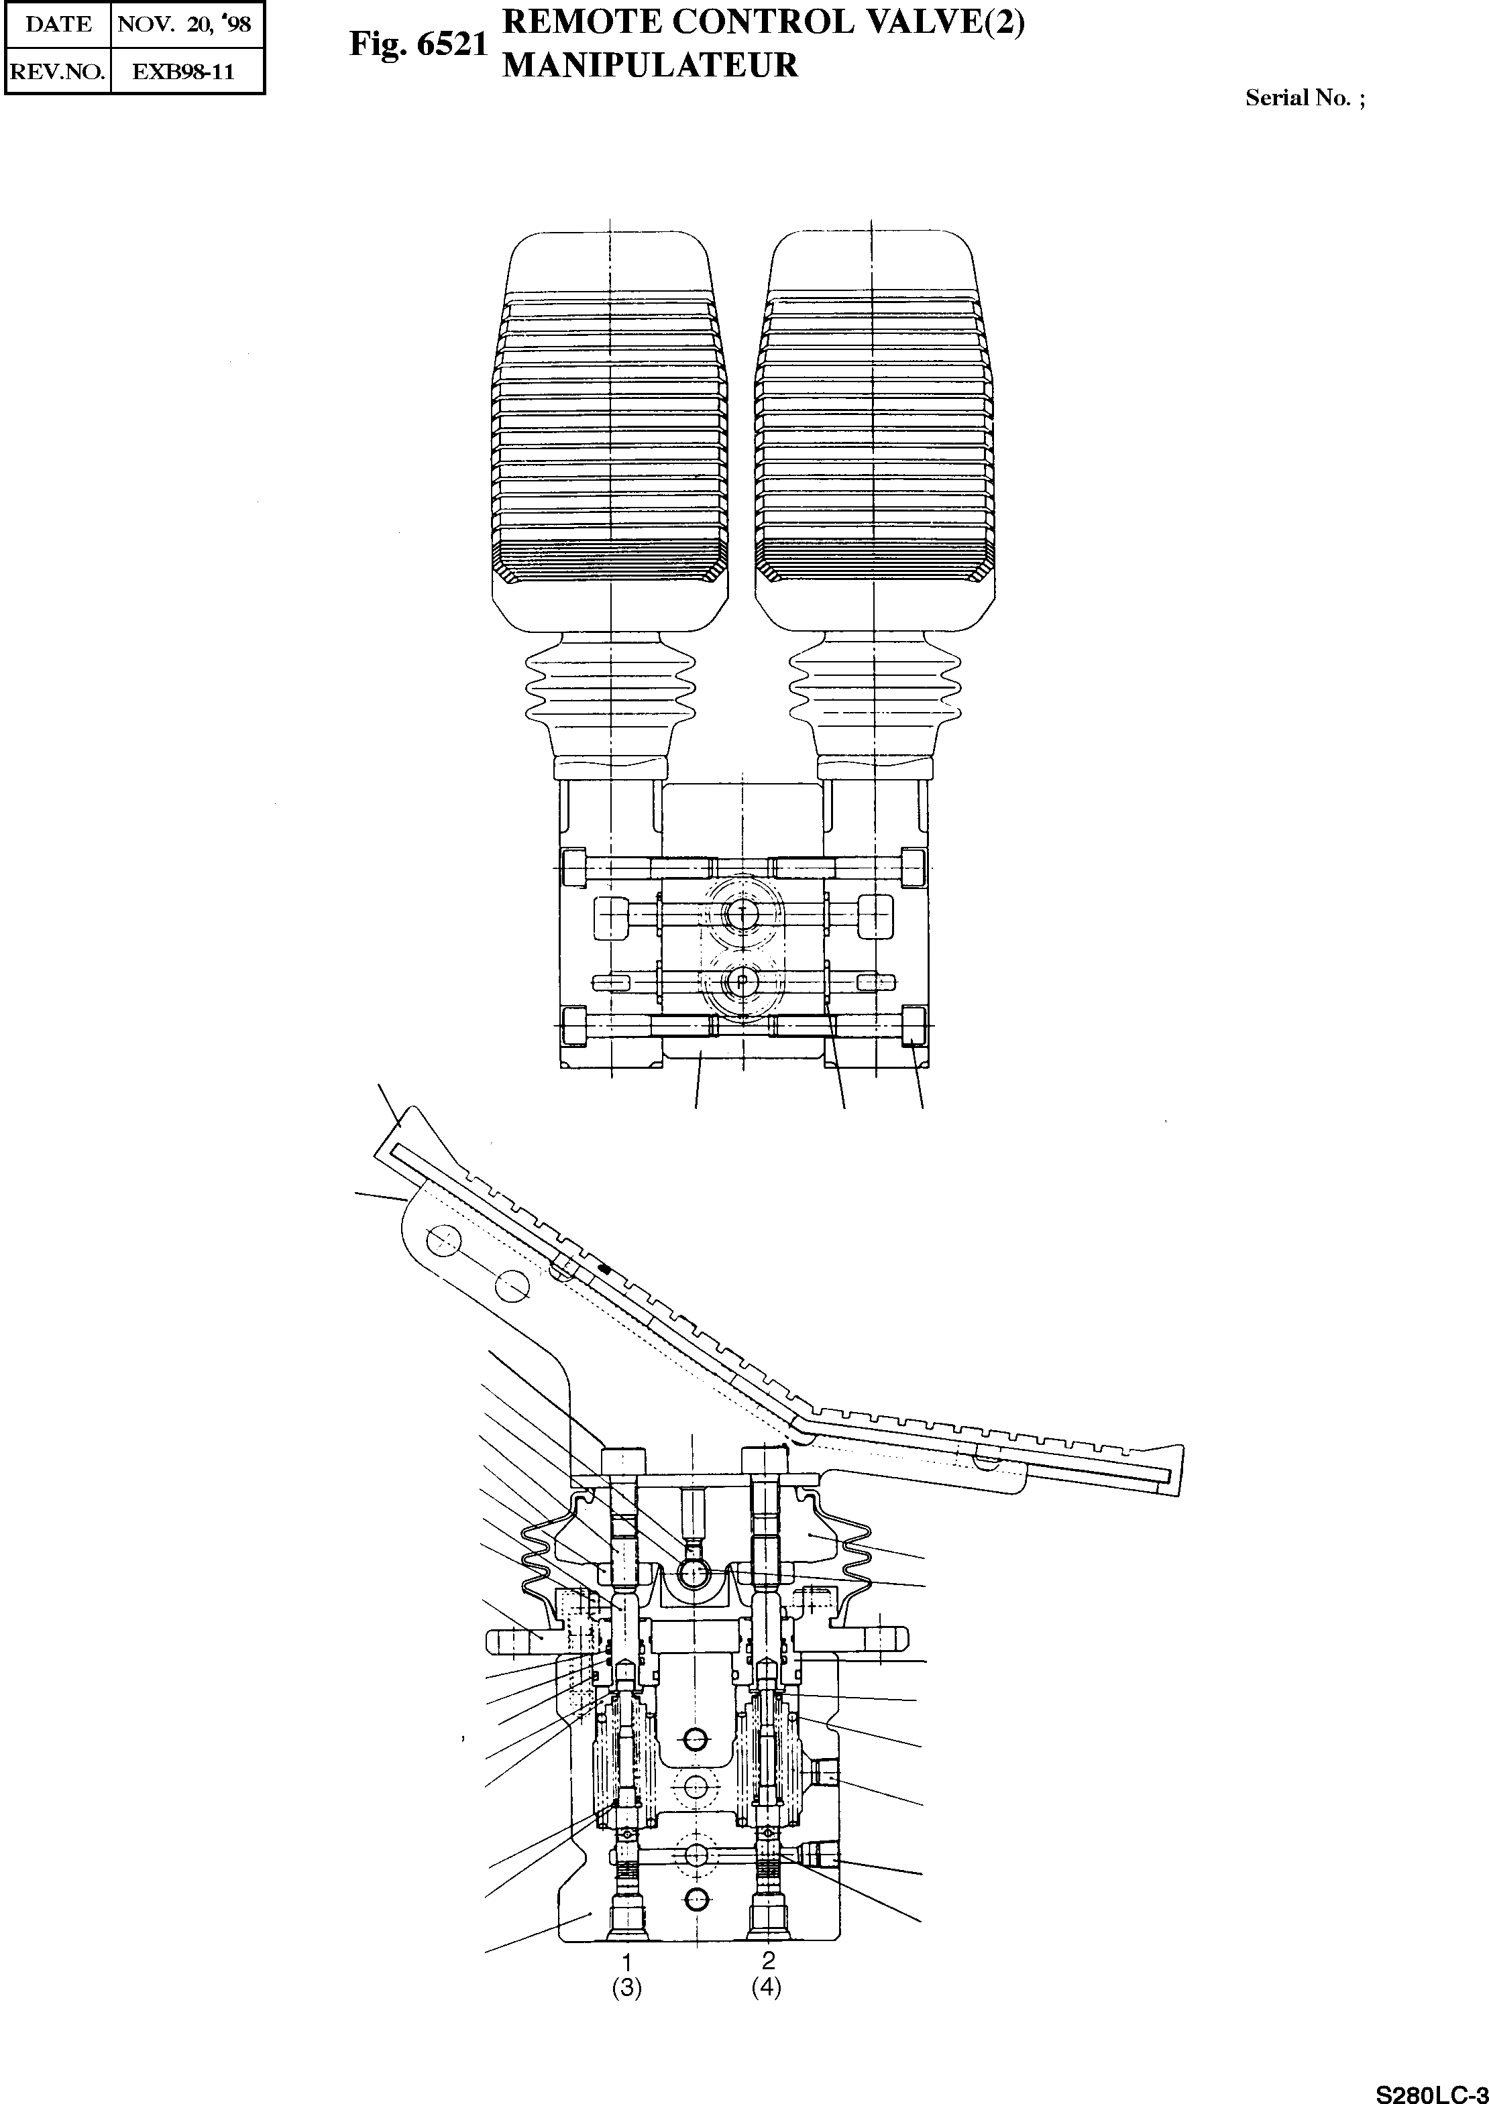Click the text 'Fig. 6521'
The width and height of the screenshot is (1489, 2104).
click(x=417, y=45)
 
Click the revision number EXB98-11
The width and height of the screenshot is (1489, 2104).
click(x=183, y=72)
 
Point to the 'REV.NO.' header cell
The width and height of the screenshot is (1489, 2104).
click(x=58, y=72)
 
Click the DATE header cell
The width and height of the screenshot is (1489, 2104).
click(x=58, y=24)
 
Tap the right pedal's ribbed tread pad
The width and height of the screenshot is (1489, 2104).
click(x=874, y=430)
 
